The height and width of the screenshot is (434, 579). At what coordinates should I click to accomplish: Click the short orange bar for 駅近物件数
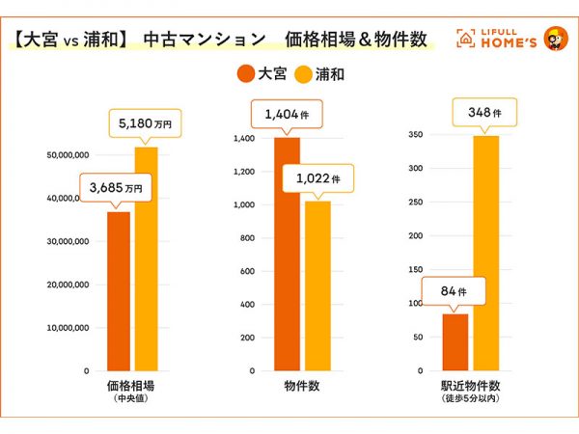(455, 341)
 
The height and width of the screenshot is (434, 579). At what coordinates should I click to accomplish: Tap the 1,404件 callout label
(286, 116)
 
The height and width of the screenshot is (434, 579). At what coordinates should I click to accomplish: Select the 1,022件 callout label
(317, 178)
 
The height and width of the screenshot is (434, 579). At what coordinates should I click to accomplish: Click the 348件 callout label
(486, 114)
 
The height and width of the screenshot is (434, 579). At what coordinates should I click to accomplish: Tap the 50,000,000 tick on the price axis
(68, 154)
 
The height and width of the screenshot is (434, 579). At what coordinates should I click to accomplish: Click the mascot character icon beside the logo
(554, 39)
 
